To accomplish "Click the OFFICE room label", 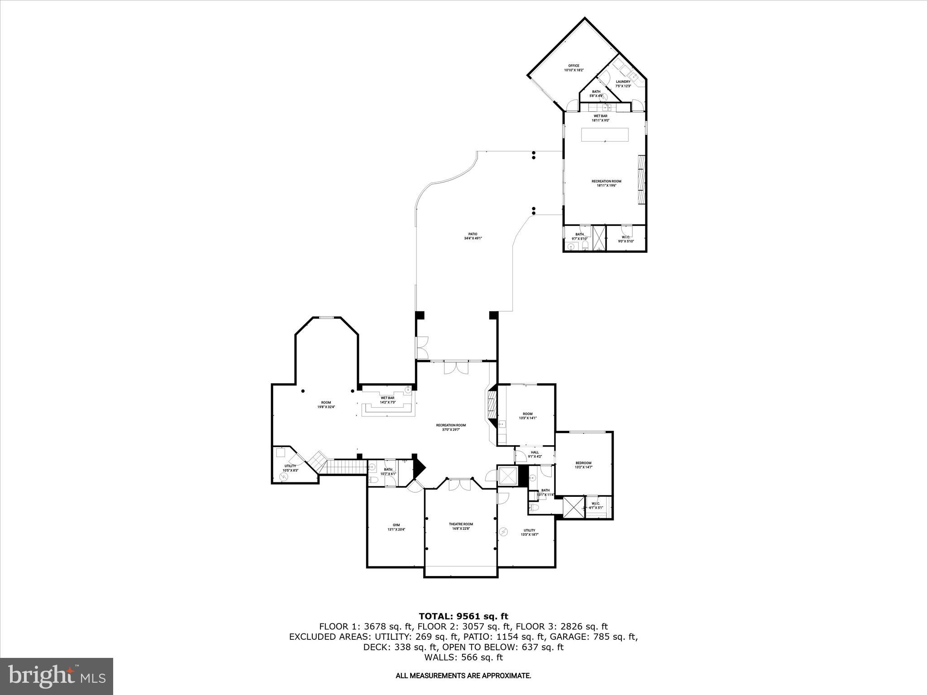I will (x=573, y=68).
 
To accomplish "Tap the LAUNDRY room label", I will (x=623, y=84).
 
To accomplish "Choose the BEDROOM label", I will (x=583, y=465).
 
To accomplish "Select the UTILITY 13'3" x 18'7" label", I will (x=529, y=533).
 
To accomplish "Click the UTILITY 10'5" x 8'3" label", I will (x=290, y=468).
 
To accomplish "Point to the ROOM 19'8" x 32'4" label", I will (x=326, y=405).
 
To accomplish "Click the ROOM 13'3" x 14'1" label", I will (x=527, y=416).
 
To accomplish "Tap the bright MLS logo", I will (x=57, y=676).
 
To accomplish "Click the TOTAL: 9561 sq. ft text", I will (x=463, y=616).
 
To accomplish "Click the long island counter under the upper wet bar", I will (x=605, y=134).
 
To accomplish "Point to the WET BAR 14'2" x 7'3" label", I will (x=387, y=400).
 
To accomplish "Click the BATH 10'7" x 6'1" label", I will (x=388, y=471).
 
